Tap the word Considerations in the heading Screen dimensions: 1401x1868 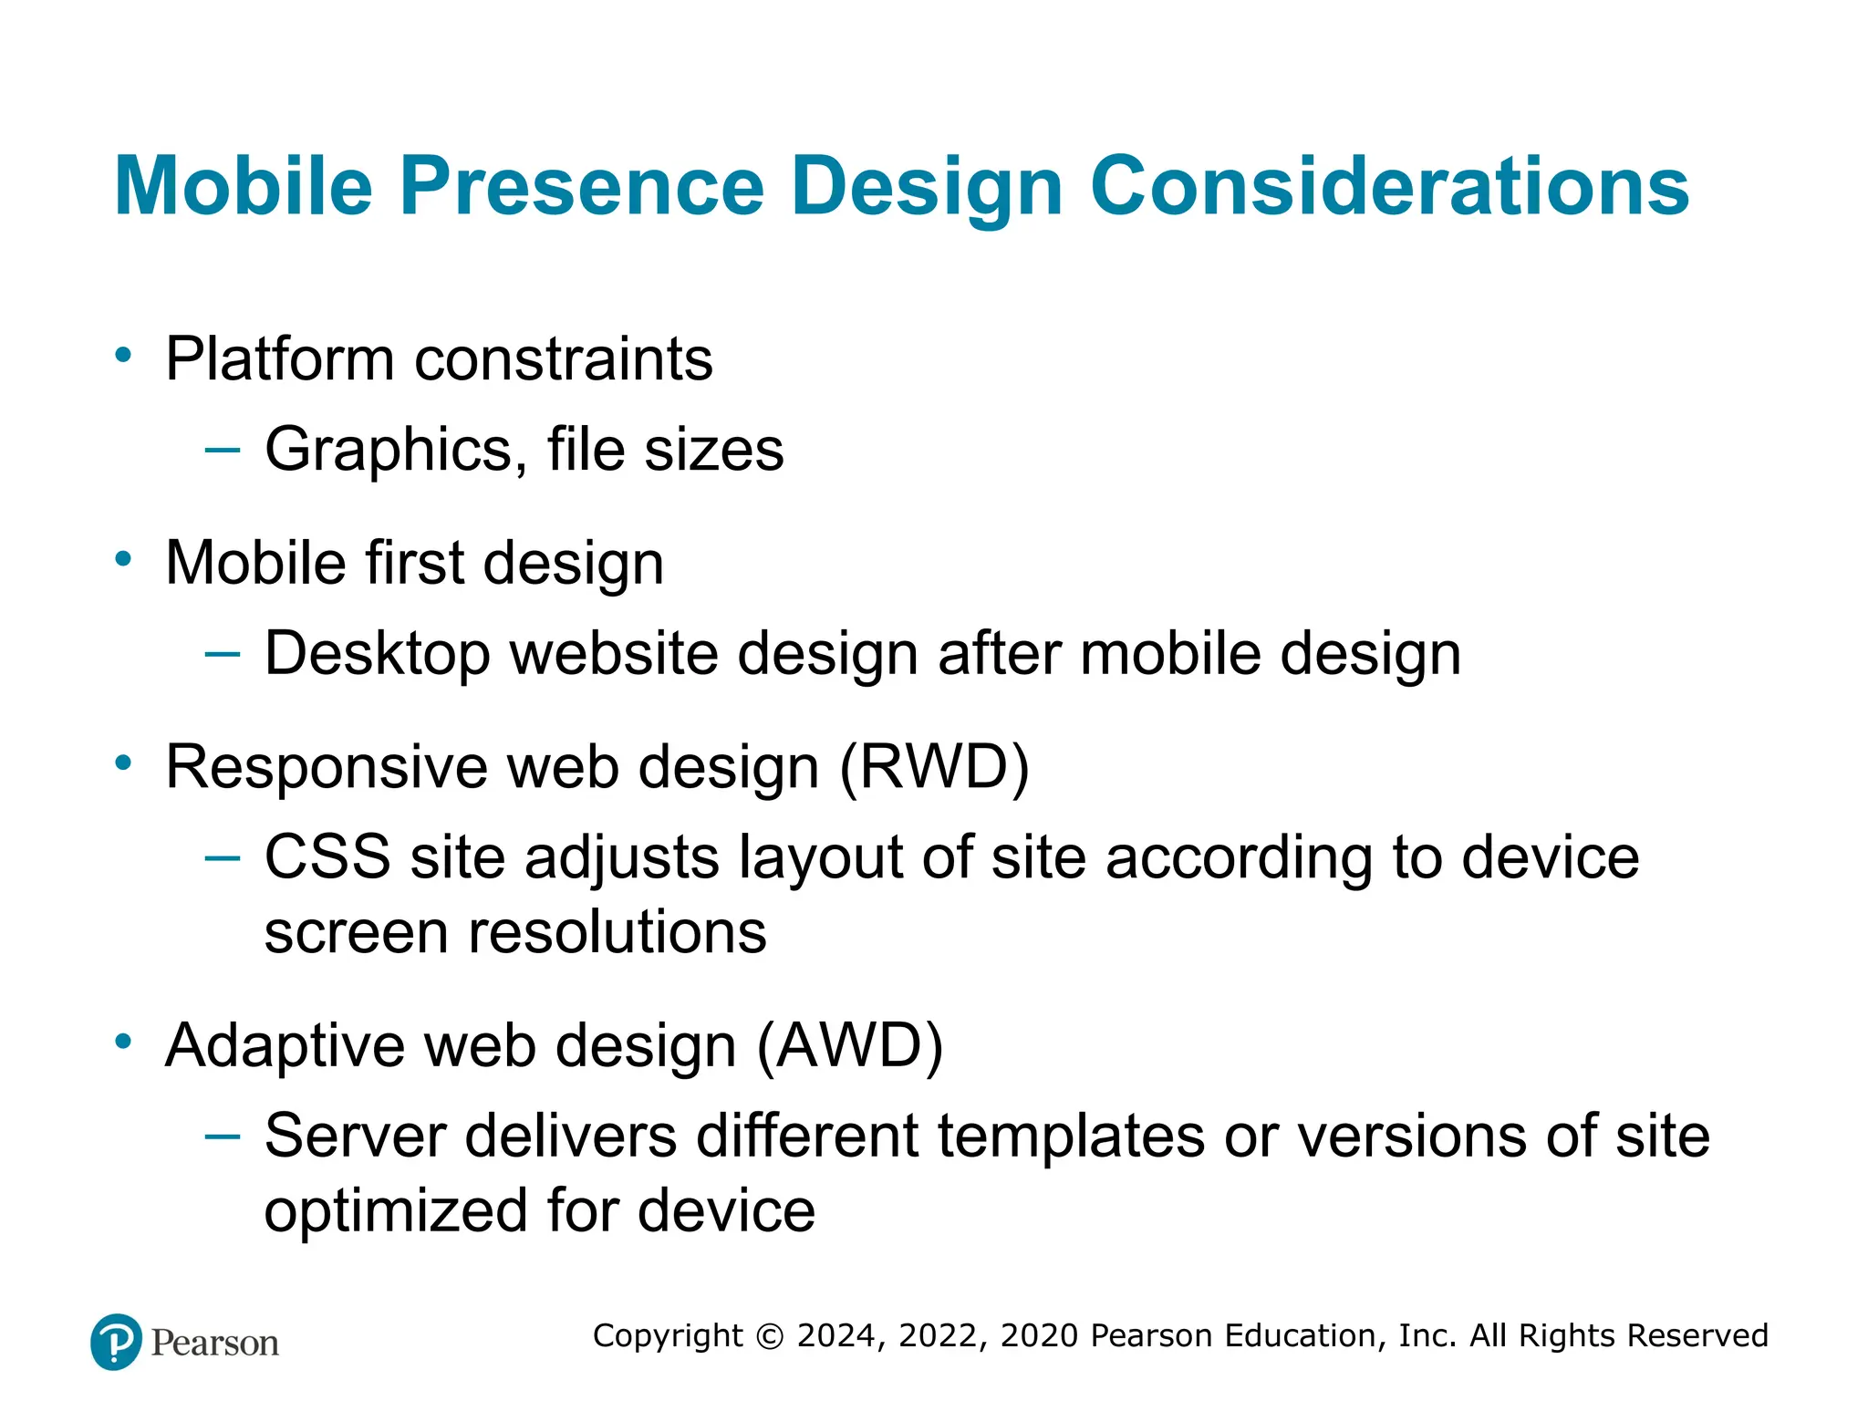coord(1389,186)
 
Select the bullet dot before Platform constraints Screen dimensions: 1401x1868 coord(123,354)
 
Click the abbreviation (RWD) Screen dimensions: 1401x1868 coord(934,766)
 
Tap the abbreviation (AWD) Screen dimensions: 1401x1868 coord(849,1044)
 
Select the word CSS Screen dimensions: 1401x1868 coord(327,857)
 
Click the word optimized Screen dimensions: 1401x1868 coord(395,1211)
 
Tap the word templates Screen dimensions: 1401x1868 coord(1071,1136)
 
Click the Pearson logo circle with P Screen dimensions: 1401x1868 coord(116,1342)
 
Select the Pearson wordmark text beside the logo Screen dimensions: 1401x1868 coord(214,1343)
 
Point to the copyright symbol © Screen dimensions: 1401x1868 coord(770,1336)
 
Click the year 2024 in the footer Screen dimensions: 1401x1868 coord(835,1335)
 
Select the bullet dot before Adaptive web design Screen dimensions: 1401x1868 coord(123,1041)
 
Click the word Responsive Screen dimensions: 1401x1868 coord(327,767)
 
